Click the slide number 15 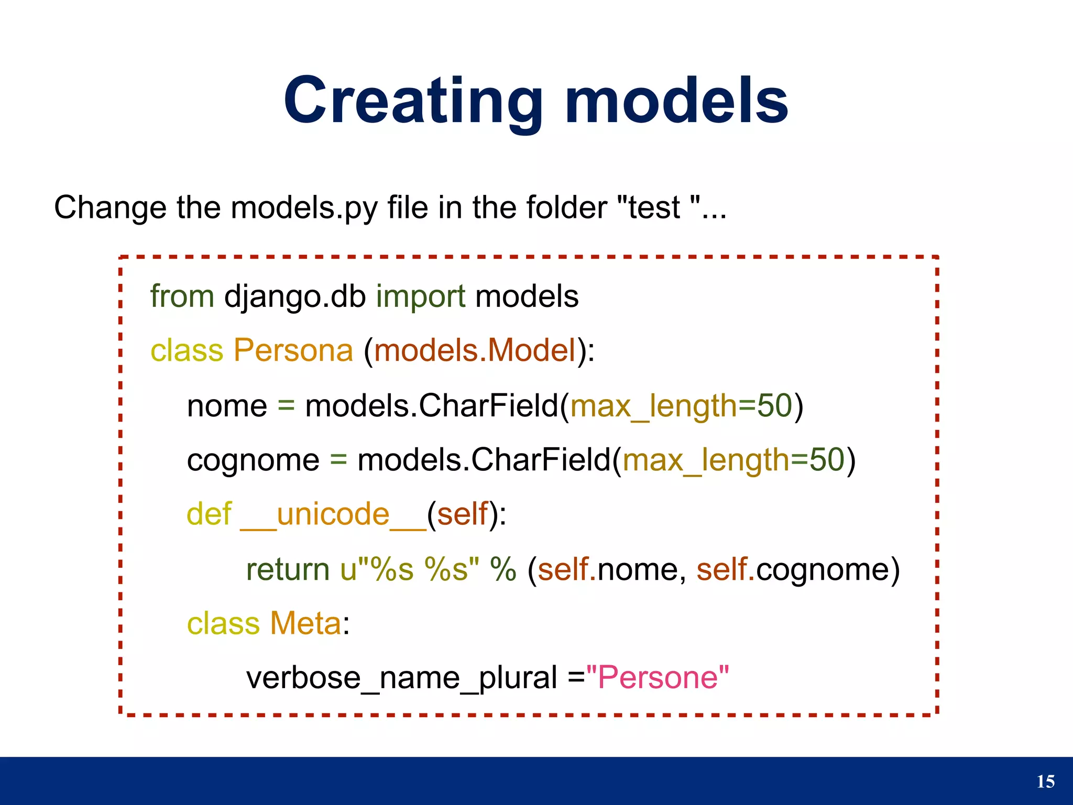(x=1046, y=781)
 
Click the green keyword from (x=182, y=296)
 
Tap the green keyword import (x=420, y=296)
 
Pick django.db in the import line (x=295, y=296)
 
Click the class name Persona (x=293, y=350)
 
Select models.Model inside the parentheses (x=475, y=350)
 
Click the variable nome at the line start (x=227, y=406)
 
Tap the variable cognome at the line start (x=253, y=460)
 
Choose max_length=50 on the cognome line (x=733, y=460)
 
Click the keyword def (x=209, y=514)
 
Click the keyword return (x=288, y=569)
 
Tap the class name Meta (x=305, y=624)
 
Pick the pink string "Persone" (x=658, y=678)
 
